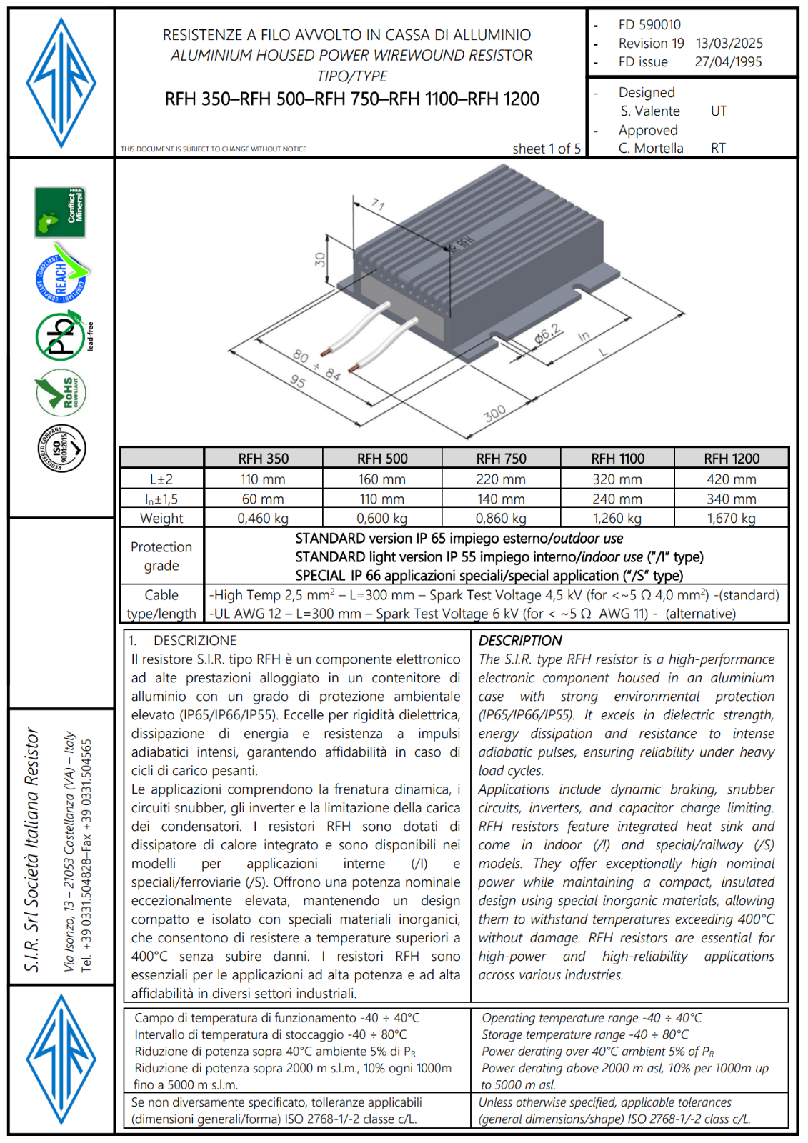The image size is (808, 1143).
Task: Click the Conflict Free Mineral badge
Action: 60,212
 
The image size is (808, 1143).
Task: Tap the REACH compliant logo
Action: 61,275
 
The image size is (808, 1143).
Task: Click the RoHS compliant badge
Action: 61,393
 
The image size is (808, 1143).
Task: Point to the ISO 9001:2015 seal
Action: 61,449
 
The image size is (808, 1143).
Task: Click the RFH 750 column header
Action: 501,459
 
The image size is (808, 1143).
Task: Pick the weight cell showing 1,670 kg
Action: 731,519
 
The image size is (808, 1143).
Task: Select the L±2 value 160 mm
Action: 381,479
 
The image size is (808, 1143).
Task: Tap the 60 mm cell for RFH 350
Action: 263,499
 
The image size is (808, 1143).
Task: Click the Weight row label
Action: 161,519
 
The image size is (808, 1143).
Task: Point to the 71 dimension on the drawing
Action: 378,205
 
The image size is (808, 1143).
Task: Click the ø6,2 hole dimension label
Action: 548,333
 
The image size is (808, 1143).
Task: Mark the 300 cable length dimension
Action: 494,413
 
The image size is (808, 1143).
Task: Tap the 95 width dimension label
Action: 298,381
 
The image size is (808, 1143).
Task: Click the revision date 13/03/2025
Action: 729,44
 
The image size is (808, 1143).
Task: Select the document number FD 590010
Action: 649,25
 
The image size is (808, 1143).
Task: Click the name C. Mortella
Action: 651,149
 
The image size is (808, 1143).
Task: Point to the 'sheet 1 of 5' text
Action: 547,149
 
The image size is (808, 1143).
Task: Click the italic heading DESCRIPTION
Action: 520,641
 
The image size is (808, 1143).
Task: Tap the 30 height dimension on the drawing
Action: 320,260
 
